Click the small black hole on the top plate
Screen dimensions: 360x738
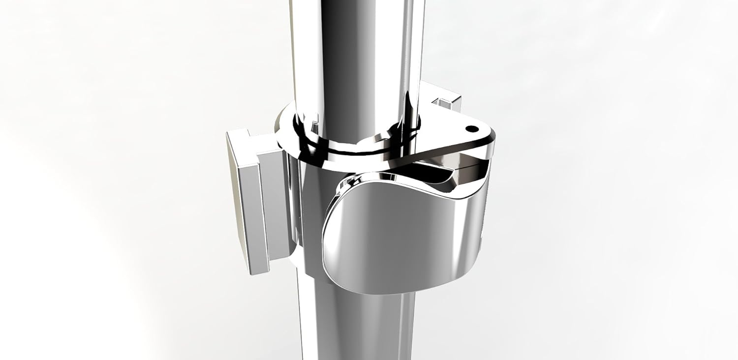(x=471, y=129)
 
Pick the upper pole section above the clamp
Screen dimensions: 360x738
(x=354, y=49)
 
